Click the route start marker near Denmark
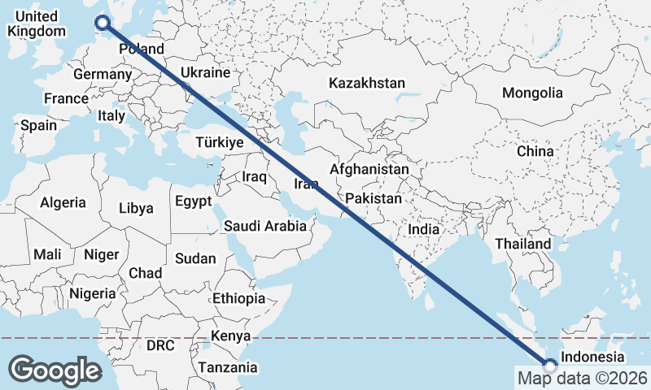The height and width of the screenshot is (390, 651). tap(103, 24)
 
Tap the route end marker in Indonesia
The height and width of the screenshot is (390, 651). tap(550, 366)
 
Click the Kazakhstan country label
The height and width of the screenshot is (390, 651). tap(367, 83)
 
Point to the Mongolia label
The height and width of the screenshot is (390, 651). tap(532, 93)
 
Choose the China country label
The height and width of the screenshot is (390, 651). tap(535, 151)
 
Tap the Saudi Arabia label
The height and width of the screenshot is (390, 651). tap(266, 226)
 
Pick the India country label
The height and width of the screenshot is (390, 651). tap(424, 229)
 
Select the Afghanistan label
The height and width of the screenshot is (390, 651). tap(369, 170)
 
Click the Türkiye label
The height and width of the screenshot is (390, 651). tap(220, 142)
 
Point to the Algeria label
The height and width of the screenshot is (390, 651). tap(63, 202)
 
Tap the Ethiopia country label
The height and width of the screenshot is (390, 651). tap(239, 298)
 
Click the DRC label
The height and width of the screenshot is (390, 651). tap(160, 345)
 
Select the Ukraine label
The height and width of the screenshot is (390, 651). tap(206, 72)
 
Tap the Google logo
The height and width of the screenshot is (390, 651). tap(55, 370)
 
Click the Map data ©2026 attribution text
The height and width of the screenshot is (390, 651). tap(582, 378)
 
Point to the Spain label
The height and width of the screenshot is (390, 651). tap(39, 125)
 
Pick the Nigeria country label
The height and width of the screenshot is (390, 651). tap(93, 293)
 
